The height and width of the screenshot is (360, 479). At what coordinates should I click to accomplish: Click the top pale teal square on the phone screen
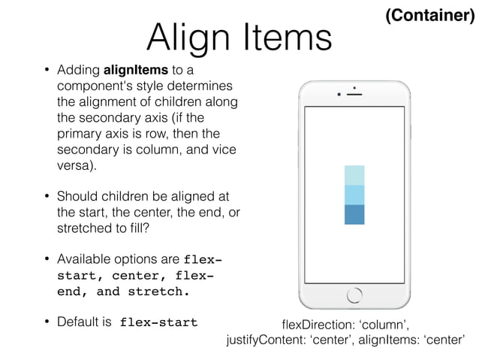(354, 175)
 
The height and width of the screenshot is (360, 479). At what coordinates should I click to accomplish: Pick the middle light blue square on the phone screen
(354, 195)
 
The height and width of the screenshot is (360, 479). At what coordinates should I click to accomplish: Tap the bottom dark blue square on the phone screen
(354, 214)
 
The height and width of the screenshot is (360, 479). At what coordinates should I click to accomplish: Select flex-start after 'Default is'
(159, 322)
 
